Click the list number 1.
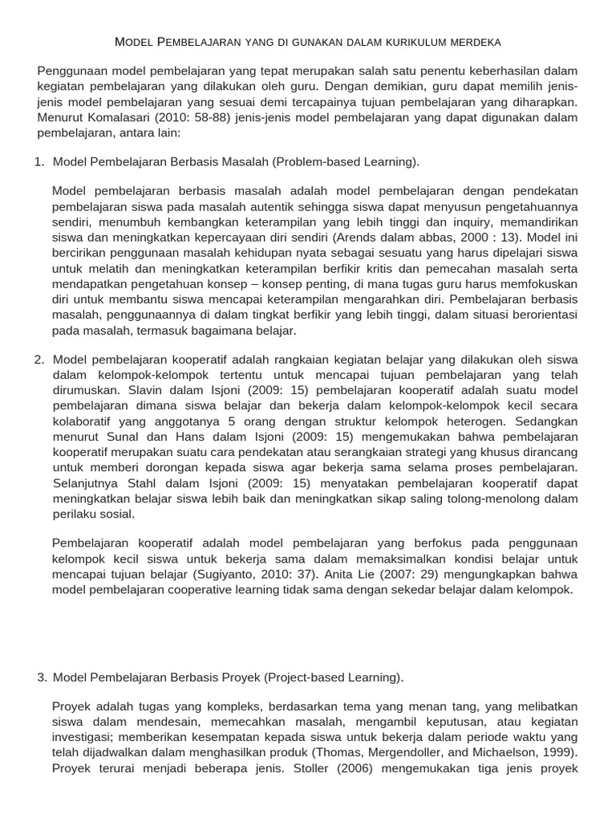pos(39,162)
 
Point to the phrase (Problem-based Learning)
pos(346,162)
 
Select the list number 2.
pos(39,359)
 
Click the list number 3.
pos(43,678)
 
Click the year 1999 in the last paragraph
pos(557,753)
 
